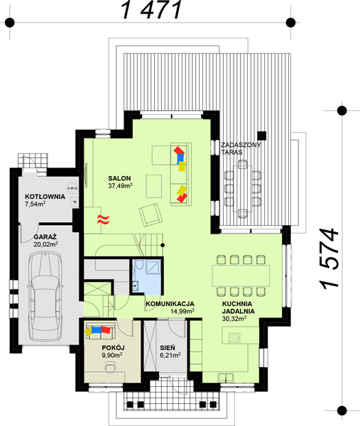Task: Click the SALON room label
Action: (119, 177)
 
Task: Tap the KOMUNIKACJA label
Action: (171, 304)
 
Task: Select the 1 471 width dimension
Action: (153, 10)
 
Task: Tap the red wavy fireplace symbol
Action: (103, 219)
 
